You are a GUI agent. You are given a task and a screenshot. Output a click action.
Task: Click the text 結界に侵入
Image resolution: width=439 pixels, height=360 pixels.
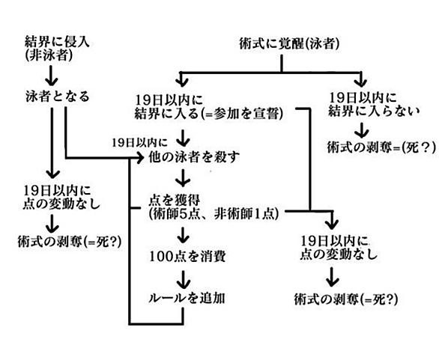[57, 42]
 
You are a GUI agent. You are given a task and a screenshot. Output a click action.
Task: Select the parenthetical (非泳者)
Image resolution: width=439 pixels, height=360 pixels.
[49, 55]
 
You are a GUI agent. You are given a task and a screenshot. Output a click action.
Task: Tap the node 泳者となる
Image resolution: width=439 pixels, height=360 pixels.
[57, 97]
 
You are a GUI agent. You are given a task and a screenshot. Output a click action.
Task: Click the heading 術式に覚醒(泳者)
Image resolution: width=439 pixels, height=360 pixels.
[289, 43]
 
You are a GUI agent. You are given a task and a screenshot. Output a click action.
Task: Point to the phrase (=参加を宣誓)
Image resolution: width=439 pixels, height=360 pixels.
[242, 114]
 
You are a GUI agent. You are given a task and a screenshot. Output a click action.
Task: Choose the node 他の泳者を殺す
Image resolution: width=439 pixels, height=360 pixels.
[194, 157]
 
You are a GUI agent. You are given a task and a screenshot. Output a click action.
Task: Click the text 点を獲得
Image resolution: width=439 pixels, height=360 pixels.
[174, 201]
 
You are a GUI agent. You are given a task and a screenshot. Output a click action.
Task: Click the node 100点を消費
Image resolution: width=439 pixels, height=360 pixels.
[187, 257]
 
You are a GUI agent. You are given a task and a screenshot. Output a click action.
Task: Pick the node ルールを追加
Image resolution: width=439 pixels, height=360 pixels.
[187, 298]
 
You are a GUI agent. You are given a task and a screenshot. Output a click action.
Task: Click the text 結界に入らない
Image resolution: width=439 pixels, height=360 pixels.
[374, 111]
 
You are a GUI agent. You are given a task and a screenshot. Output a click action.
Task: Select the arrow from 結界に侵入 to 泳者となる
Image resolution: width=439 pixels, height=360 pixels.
[51, 76]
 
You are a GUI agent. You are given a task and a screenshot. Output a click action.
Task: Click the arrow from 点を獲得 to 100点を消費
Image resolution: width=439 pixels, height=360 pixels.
[184, 235]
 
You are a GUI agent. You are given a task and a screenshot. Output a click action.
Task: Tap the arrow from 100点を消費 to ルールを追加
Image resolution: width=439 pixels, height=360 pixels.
[184, 279]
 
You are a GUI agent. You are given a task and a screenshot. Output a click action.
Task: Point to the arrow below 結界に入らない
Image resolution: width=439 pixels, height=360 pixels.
[361, 129]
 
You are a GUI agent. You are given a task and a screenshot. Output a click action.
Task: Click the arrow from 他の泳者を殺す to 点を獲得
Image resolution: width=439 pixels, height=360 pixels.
[183, 177]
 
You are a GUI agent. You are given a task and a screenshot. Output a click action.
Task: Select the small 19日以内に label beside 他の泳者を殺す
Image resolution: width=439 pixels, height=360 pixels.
[139, 143]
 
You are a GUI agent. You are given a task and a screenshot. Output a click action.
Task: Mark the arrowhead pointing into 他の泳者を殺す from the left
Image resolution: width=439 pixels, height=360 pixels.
[140, 159]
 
